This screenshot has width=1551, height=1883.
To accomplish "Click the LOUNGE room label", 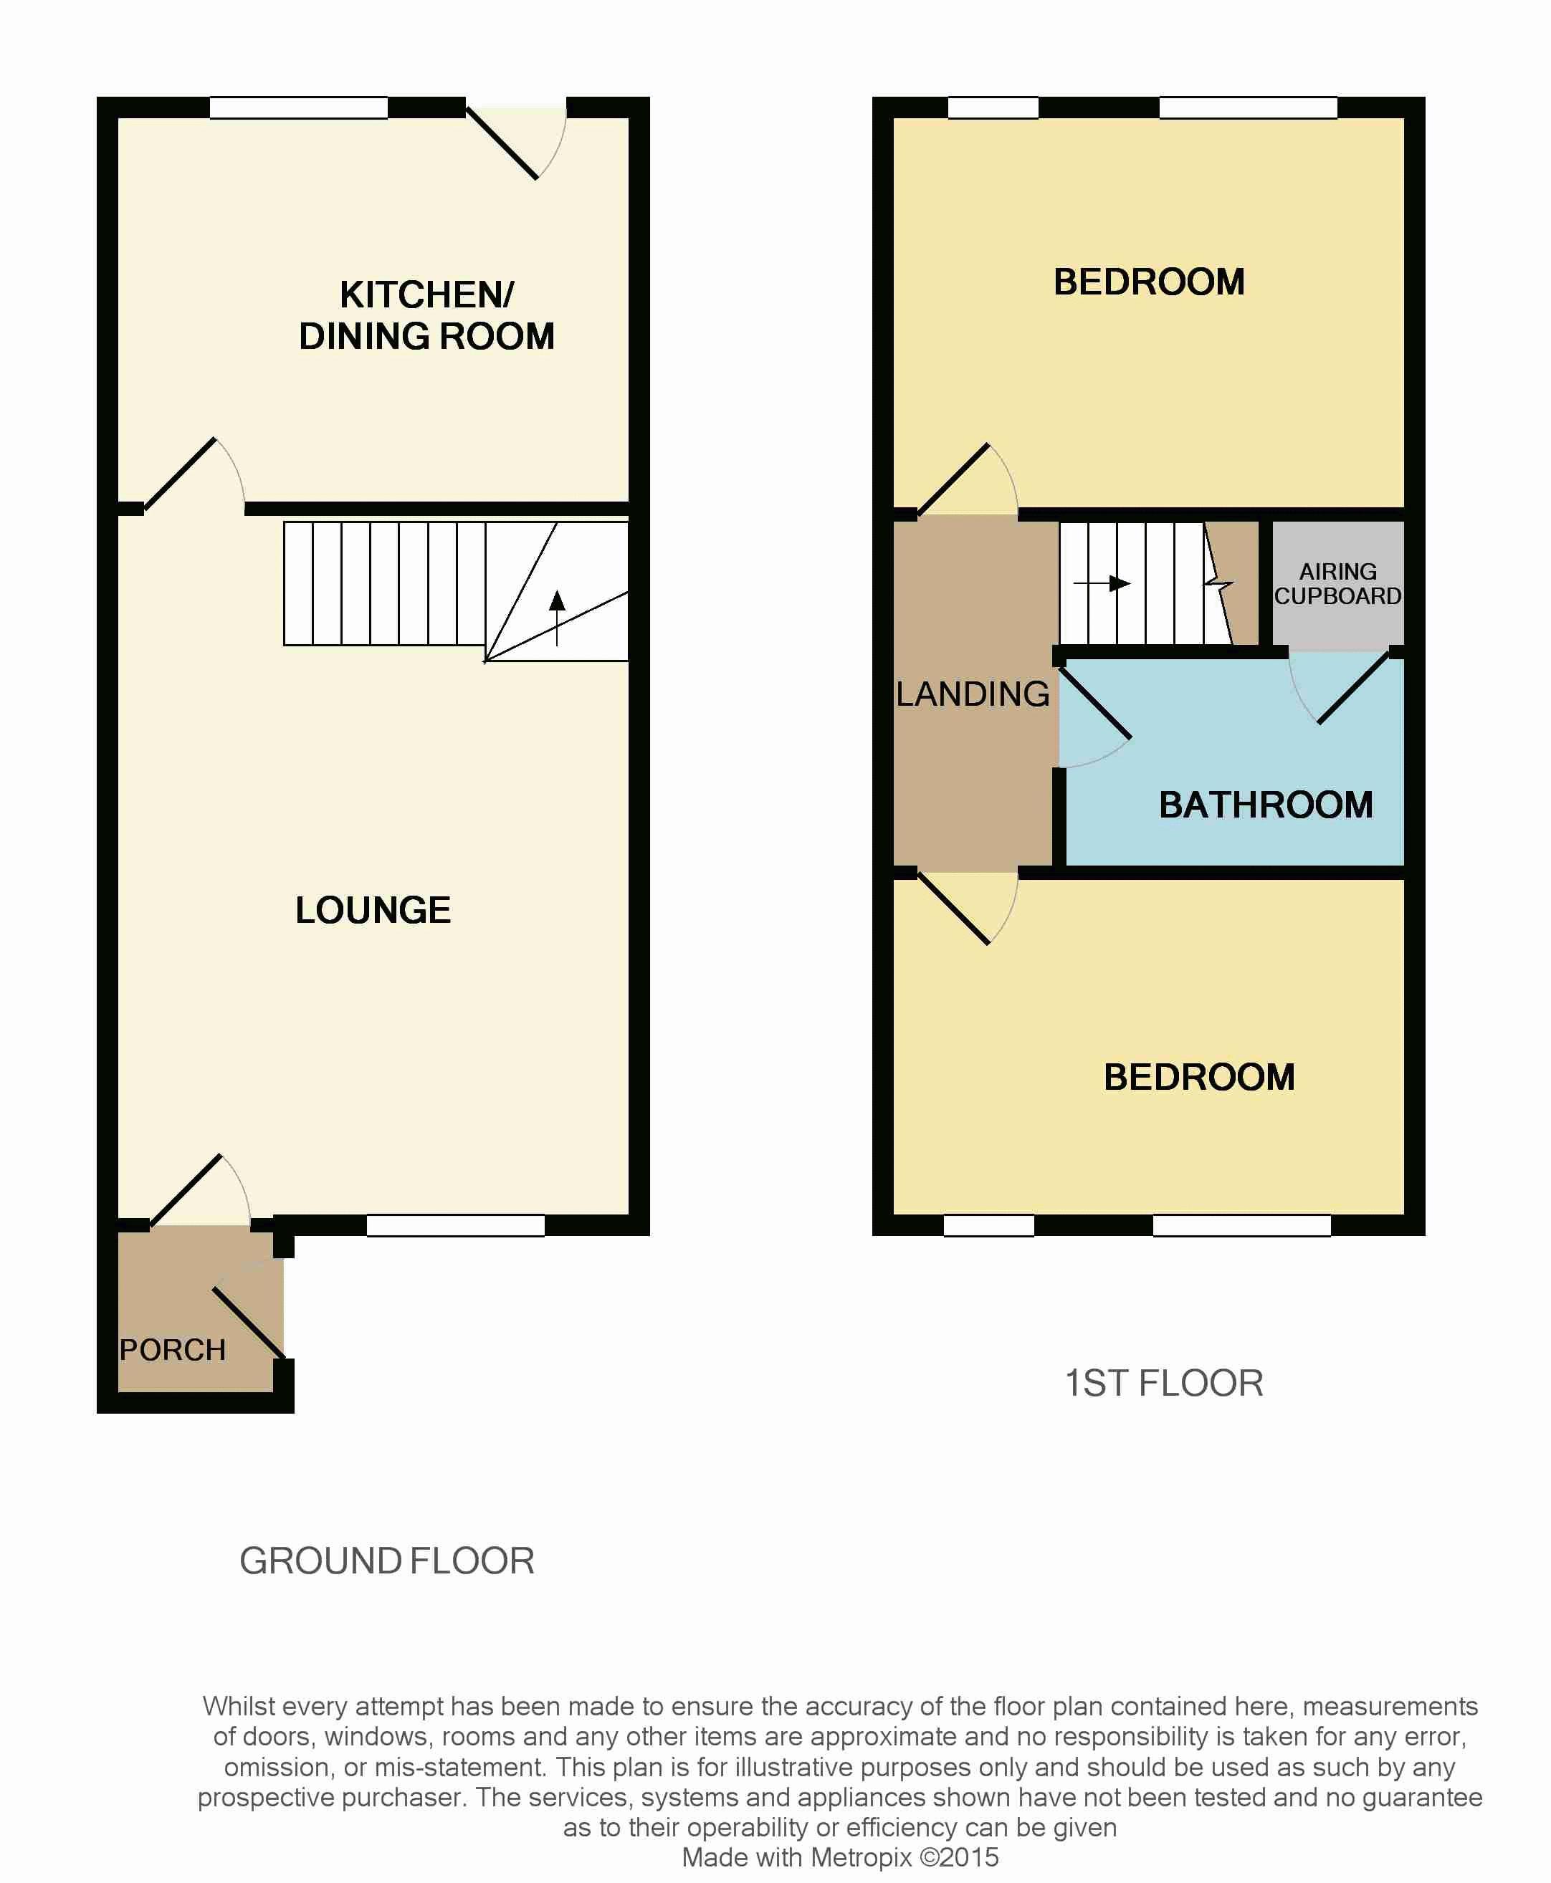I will click(373, 910).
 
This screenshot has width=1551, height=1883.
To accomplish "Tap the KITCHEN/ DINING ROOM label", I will click(426, 315).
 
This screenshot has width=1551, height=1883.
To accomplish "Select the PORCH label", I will click(173, 1350).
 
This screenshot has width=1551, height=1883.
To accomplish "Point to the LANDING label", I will click(972, 694).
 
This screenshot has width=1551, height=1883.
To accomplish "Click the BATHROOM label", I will click(1265, 805).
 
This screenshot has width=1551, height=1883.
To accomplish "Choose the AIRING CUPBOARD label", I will click(1337, 583).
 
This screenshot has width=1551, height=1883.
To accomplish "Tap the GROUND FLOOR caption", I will click(387, 1561).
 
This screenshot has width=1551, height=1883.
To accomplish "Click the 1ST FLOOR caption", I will click(1163, 1383).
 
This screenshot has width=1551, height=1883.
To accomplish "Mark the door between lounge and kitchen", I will click(181, 474).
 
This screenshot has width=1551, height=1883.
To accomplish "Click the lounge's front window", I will click(456, 1225).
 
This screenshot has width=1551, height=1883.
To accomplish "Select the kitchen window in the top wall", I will click(298, 108).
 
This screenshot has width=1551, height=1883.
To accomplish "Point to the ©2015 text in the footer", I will click(960, 1857).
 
